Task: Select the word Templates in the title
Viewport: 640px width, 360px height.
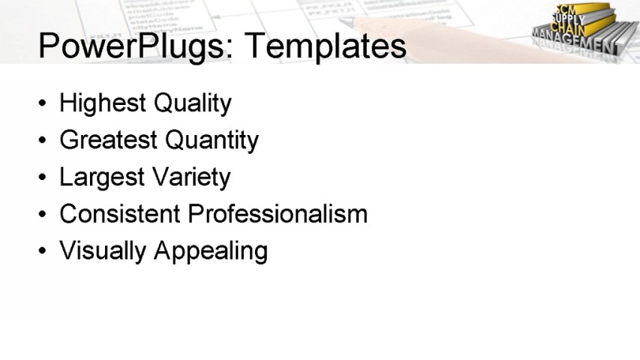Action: tap(325, 46)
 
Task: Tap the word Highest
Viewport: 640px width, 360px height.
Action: tap(103, 103)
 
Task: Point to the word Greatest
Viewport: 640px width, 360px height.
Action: tap(109, 139)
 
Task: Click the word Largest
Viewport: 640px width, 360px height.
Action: tap(102, 177)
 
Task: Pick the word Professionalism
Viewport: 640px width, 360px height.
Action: tap(278, 214)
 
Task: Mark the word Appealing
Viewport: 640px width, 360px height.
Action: tap(210, 250)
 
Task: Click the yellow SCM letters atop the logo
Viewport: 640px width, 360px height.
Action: tap(564, 9)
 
